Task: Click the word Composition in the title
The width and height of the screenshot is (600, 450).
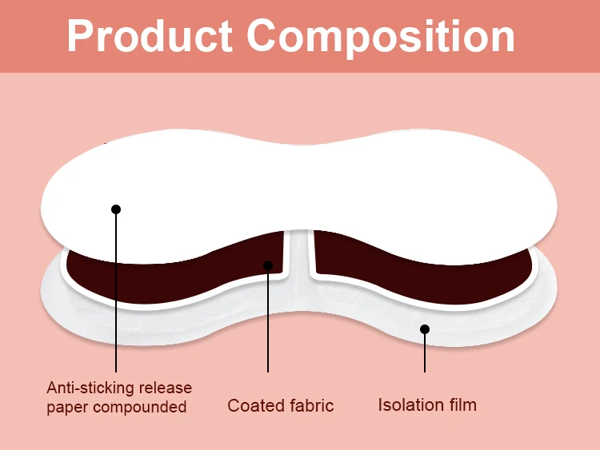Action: click(381, 38)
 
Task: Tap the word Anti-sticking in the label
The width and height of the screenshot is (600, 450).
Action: click(87, 388)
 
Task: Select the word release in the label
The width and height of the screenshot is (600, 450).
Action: click(163, 388)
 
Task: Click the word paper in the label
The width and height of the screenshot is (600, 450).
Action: click(67, 408)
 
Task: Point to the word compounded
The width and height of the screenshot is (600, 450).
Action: click(139, 408)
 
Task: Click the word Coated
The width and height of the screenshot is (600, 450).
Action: click(254, 405)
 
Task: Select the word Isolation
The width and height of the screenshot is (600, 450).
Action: click(410, 404)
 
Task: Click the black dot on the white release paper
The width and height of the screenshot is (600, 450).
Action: click(116, 209)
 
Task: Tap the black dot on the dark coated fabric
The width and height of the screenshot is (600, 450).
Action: click(268, 265)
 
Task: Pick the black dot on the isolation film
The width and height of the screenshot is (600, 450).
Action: click(425, 329)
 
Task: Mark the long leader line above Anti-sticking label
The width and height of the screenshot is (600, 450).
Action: click(116, 304)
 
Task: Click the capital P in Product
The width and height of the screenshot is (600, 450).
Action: click(81, 36)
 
